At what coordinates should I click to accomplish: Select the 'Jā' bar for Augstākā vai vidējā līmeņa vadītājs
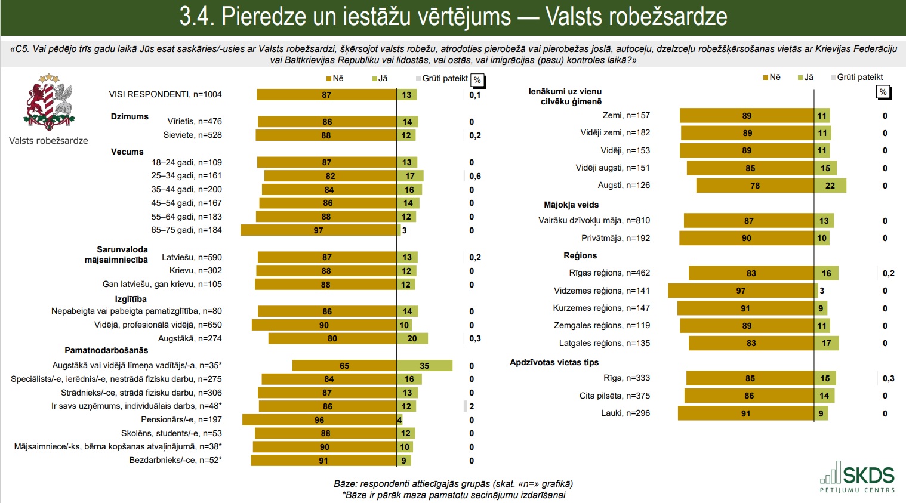click(424, 366)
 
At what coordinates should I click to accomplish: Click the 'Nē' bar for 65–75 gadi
click(319, 230)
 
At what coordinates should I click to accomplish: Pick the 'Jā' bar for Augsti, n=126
click(830, 186)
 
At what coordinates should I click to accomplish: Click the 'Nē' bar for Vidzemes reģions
click(741, 291)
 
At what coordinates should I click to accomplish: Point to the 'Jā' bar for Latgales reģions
click(827, 343)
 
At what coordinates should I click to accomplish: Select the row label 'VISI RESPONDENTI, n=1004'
click(165, 94)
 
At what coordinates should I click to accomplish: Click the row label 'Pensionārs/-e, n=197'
click(181, 419)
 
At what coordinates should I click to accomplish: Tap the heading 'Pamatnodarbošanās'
click(106, 350)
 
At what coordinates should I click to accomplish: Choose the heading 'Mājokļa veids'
click(571, 205)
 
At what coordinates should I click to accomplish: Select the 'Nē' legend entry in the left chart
click(335, 78)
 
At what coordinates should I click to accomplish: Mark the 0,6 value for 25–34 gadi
click(475, 176)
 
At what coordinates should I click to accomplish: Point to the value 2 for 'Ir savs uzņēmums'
click(472, 406)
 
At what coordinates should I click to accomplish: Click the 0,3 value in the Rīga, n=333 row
click(889, 378)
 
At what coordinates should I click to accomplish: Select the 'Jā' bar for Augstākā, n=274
click(412, 338)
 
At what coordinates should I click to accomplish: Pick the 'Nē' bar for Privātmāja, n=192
click(747, 238)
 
